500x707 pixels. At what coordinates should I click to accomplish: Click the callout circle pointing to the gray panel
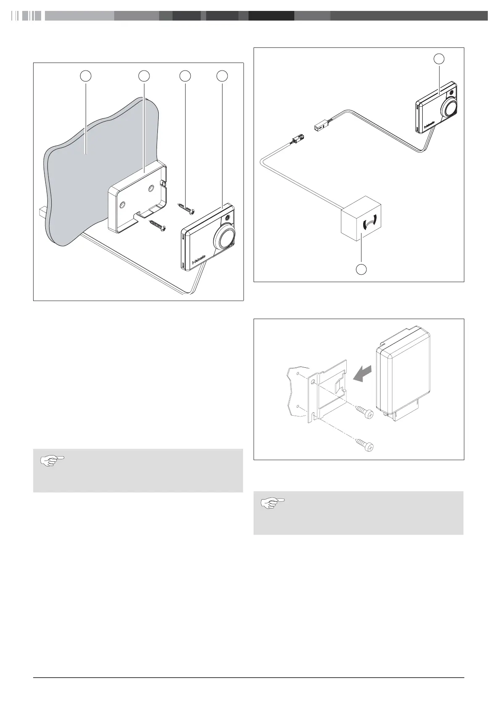coord(86,76)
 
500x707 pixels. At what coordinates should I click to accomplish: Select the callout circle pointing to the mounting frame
coord(144,76)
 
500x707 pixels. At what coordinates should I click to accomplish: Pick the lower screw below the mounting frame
coord(157,225)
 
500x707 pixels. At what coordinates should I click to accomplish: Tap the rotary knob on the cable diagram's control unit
coord(449,108)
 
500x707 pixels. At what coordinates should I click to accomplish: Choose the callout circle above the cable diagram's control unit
coord(439,59)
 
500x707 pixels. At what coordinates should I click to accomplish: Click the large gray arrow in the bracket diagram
coord(363,374)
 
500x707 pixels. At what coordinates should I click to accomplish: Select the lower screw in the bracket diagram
coord(364,445)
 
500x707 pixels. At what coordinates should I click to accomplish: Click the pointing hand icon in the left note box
coord(52,461)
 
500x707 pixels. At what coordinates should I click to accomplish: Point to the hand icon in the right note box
coord(272,503)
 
